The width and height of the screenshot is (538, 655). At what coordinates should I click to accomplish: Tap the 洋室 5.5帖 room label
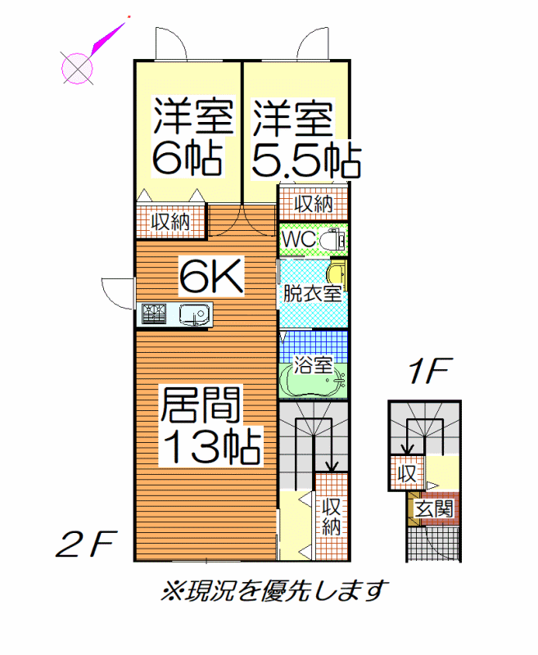click(x=306, y=138)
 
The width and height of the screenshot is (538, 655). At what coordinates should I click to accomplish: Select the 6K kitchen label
click(x=211, y=276)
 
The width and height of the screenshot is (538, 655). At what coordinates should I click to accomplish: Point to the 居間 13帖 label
click(x=210, y=426)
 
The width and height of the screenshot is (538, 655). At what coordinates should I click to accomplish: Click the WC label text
click(x=299, y=239)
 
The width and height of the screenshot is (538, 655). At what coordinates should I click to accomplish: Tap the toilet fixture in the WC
click(x=332, y=240)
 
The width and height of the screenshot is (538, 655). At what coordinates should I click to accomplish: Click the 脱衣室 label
click(x=313, y=293)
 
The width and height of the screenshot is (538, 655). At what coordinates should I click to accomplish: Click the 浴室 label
click(x=313, y=364)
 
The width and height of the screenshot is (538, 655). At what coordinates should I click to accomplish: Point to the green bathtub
click(x=313, y=381)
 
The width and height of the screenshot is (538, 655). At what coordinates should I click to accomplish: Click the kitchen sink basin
click(x=194, y=314)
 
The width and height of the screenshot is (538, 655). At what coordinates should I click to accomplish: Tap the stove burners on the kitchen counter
click(x=154, y=314)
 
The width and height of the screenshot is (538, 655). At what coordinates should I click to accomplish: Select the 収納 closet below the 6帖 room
click(x=170, y=222)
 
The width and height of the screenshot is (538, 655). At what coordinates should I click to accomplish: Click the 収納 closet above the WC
click(x=314, y=204)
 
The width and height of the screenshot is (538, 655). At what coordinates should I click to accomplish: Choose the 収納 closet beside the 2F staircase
click(x=332, y=517)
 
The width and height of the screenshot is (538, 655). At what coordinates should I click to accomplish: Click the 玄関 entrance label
click(x=434, y=509)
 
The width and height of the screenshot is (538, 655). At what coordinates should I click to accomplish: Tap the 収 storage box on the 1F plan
click(x=407, y=473)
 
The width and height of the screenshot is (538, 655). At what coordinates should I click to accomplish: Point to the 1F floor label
click(x=429, y=371)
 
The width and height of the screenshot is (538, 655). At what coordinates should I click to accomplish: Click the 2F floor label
click(x=85, y=544)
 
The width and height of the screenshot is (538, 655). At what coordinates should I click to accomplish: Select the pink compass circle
click(x=77, y=69)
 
